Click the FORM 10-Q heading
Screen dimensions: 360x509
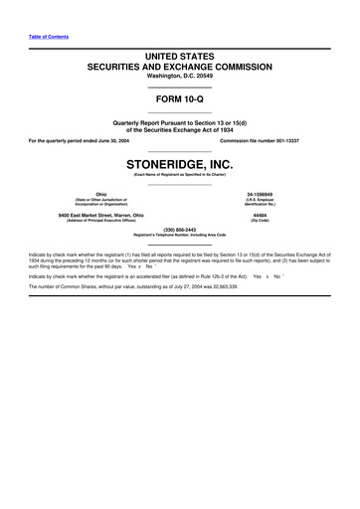pyautogui.click(x=180, y=100)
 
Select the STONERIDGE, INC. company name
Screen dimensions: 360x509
pyautogui.click(x=180, y=163)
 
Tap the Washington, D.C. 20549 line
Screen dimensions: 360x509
pyautogui.click(x=180, y=77)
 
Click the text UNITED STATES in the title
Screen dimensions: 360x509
pyautogui.click(x=180, y=55)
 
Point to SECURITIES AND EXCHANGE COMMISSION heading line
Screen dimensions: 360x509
pyautogui.click(x=180, y=67)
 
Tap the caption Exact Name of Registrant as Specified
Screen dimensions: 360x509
pyautogui.click(x=180, y=175)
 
